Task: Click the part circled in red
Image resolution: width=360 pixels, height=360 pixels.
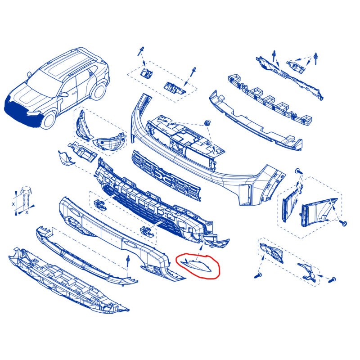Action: pos(197,266)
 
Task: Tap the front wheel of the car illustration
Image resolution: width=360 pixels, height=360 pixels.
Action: pos(48,120)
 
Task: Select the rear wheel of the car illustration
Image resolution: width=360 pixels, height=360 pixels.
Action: pos(99,91)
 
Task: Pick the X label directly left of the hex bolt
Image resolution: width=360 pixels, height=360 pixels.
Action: pos(13,204)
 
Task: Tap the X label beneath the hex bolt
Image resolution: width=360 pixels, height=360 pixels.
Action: pos(27,212)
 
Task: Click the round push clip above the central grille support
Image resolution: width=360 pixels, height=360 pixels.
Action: pos(208,123)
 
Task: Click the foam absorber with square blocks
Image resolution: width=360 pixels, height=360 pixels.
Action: pos(270,99)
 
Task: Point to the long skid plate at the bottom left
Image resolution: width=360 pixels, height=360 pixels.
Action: pos(69,280)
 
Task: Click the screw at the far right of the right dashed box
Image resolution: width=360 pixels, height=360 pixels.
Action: pos(344,223)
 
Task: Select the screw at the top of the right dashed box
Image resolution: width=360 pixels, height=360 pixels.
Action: pos(299,171)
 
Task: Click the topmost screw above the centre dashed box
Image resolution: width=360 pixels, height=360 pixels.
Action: pos(140,51)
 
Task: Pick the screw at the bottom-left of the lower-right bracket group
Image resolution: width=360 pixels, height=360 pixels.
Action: pos(258,275)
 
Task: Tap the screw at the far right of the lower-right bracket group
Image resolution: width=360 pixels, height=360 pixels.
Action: pos(332,280)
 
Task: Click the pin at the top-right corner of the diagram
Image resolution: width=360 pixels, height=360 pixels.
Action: pos(316,58)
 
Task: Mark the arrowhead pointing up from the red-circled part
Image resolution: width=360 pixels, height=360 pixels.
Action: pos(202,246)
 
